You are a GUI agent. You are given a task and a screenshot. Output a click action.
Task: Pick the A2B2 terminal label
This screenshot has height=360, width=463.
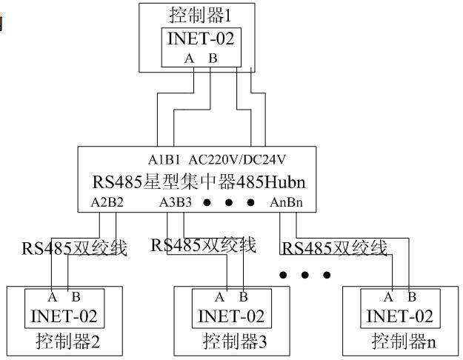[107, 202]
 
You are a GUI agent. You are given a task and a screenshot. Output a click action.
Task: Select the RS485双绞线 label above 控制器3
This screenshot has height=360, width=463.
[203, 245]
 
